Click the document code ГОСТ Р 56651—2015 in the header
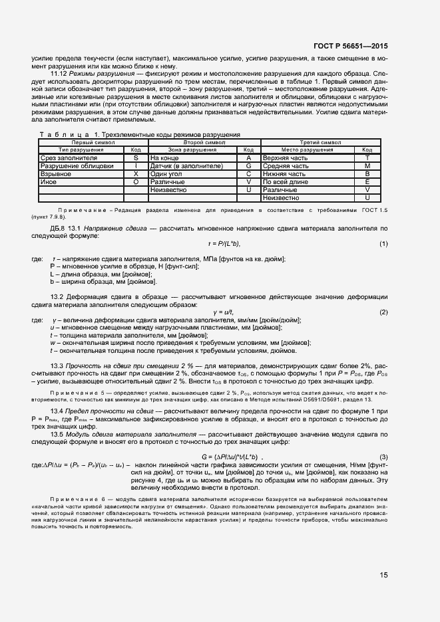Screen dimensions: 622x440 [x=350, y=46]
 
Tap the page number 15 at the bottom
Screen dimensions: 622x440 [x=384, y=575]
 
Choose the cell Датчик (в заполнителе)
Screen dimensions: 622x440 [x=186, y=166]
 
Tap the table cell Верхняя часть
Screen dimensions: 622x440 [x=284, y=158]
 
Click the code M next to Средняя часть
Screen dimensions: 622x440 [x=367, y=166]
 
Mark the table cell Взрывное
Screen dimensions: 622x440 [x=56, y=173]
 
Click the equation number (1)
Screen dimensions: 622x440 [x=383, y=245]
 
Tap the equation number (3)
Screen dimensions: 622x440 [x=383, y=456]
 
